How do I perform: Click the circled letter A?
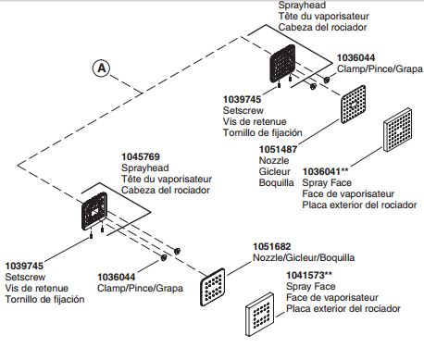[x=102, y=68]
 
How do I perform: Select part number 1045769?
[x=141, y=156]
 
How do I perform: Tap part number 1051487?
[x=278, y=149]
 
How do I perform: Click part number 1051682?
[x=272, y=246]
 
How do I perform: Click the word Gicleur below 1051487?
[x=275, y=171]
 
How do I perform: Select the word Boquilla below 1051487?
[x=277, y=182]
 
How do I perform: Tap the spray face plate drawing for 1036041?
[x=398, y=130]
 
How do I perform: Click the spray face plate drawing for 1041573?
[x=260, y=314]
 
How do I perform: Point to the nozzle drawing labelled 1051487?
[x=354, y=105]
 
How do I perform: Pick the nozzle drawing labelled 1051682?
[x=213, y=287]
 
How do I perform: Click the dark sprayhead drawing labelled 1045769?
[x=94, y=211]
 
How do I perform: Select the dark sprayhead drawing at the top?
[x=282, y=64]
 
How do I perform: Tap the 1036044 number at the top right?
[x=355, y=57]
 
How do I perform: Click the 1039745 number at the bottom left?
[x=24, y=266]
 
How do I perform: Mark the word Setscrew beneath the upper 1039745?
[x=243, y=110]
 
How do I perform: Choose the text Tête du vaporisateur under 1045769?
[x=167, y=179]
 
